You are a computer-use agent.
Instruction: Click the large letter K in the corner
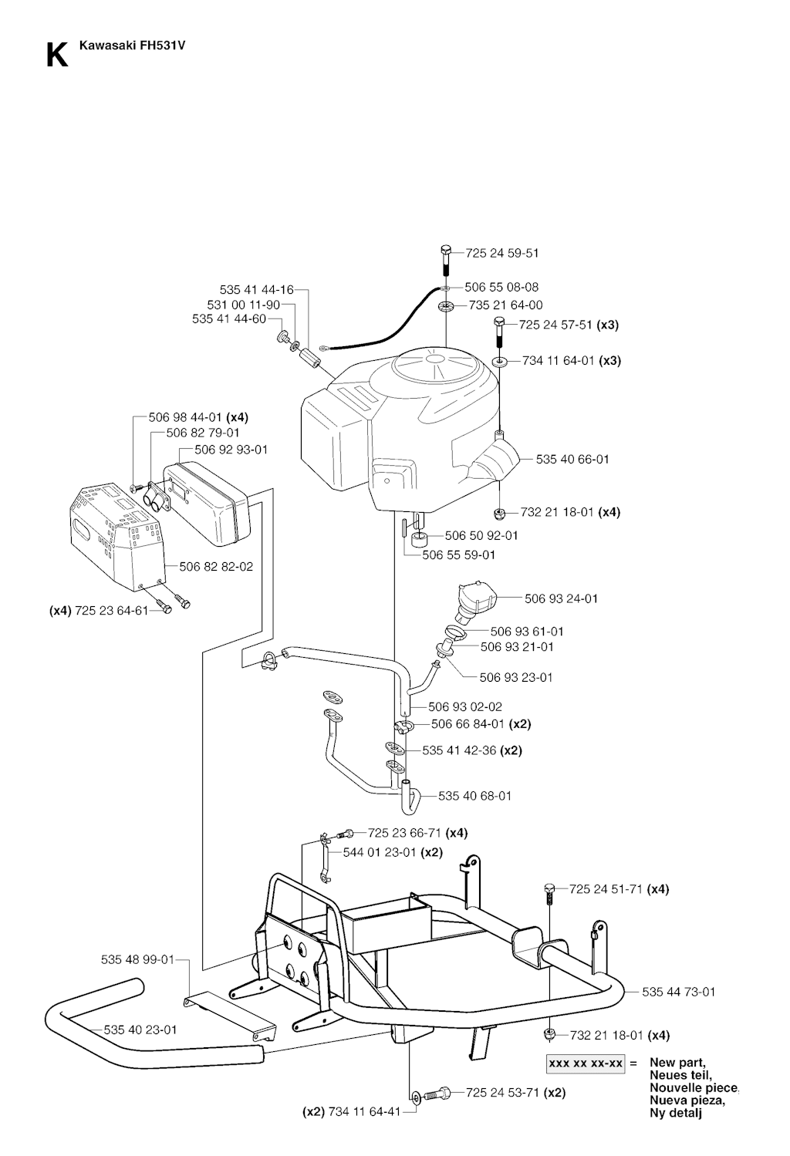pyautogui.click(x=56, y=55)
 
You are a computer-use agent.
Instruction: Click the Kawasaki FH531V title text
pyautogui.click(x=132, y=45)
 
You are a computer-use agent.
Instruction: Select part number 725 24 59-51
pyautogui.click(x=502, y=253)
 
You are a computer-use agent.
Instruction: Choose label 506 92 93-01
pyautogui.click(x=231, y=449)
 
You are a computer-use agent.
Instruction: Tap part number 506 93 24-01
pyautogui.click(x=561, y=598)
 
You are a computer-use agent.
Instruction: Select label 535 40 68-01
pyautogui.click(x=474, y=795)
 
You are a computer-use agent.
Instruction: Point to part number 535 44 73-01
pyautogui.click(x=678, y=991)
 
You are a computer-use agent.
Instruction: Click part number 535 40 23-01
pyautogui.click(x=140, y=1029)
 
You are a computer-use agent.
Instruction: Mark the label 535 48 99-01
pyautogui.click(x=137, y=959)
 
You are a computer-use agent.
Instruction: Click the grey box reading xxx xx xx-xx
pyautogui.click(x=586, y=1063)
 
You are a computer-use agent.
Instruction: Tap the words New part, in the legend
pyautogui.click(x=677, y=1062)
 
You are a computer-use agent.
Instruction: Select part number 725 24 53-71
pyautogui.click(x=502, y=1092)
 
